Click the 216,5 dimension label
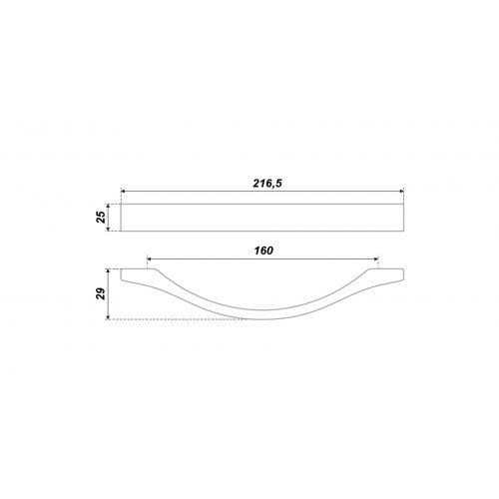[x=267, y=184]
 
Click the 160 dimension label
[x=263, y=250]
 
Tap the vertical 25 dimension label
[x=101, y=217]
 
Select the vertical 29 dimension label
[x=101, y=293]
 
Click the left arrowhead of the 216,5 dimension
[x=123, y=192]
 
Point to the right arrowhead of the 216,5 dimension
[x=401, y=192]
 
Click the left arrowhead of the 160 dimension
[x=149, y=258]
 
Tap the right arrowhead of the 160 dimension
[x=376, y=258]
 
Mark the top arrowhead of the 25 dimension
[x=108, y=206]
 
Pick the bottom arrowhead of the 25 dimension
[x=108, y=229]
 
